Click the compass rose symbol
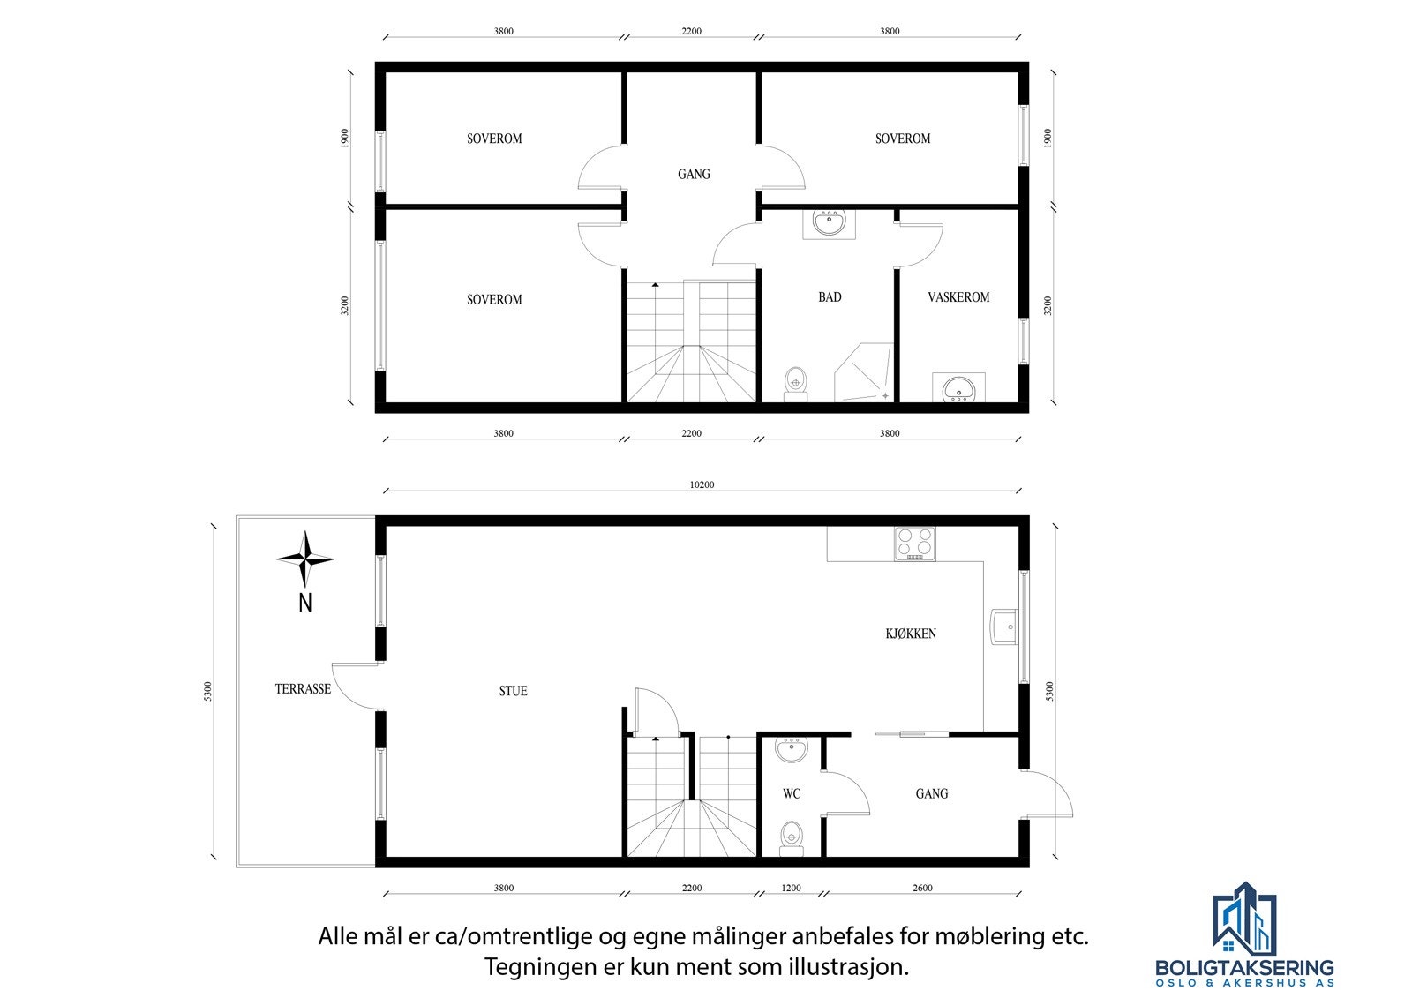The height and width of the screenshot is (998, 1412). click(304, 559)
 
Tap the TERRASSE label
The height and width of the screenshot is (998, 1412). click(303, 688)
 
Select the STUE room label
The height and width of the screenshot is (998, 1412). click(513, 691)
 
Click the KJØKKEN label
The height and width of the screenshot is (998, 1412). click(911, 634)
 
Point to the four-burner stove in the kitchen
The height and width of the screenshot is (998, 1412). click(914, 544)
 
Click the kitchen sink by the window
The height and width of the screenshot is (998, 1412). click(1003, 627)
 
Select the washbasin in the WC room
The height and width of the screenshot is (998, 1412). click(791, 751)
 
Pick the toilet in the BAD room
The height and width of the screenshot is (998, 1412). click(796, 384)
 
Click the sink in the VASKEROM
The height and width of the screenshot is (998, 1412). click(959, 388)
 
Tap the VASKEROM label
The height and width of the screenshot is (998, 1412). click(958, 297)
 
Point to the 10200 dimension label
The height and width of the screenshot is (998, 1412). click(702, 484)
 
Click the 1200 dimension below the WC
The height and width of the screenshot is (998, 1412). click(791, 888)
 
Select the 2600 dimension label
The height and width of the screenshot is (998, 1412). click(922, 888)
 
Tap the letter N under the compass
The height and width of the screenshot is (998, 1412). click(305, 604)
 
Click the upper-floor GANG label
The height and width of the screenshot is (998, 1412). click(694, 174)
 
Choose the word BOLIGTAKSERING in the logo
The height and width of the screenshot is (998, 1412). click(1244, 969)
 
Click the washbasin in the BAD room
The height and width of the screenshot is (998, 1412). click(829, 223)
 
